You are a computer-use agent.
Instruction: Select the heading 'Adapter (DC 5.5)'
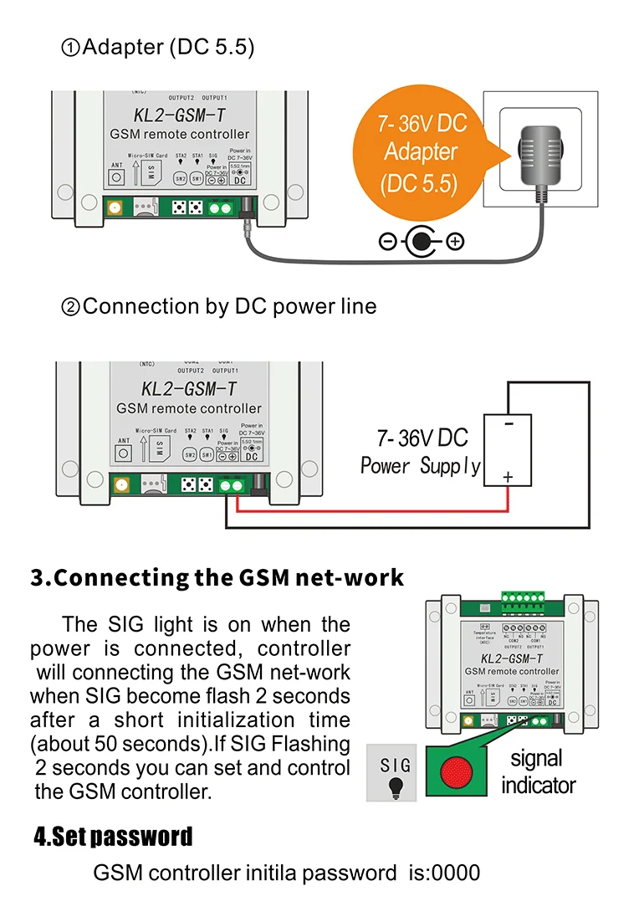coord(158,47)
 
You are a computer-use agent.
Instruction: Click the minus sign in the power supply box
coord(509,424)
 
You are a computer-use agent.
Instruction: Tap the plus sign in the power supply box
coord(508,477)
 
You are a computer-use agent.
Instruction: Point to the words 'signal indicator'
coord(538,771)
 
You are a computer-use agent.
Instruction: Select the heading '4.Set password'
coord(113,836)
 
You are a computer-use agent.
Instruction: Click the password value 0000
coord(457,873)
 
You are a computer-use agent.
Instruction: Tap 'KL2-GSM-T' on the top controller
coord(179,114)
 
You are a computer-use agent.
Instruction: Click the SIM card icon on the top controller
coord(151,172)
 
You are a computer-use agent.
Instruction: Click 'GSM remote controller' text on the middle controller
coord(189,408)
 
